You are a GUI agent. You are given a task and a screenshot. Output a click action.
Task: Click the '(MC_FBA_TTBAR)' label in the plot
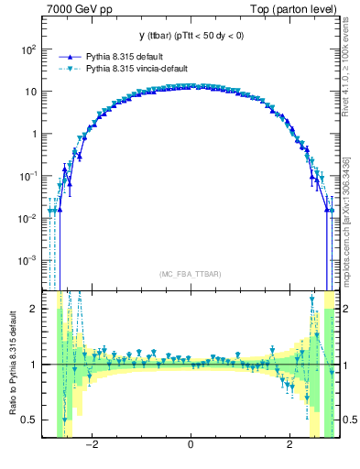click(190, 274)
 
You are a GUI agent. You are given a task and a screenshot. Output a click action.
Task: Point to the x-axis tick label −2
click(91, 445)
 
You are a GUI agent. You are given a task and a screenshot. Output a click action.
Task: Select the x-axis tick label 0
click(190, 445)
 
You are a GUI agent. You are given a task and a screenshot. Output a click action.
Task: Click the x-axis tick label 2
click(289, 445)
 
